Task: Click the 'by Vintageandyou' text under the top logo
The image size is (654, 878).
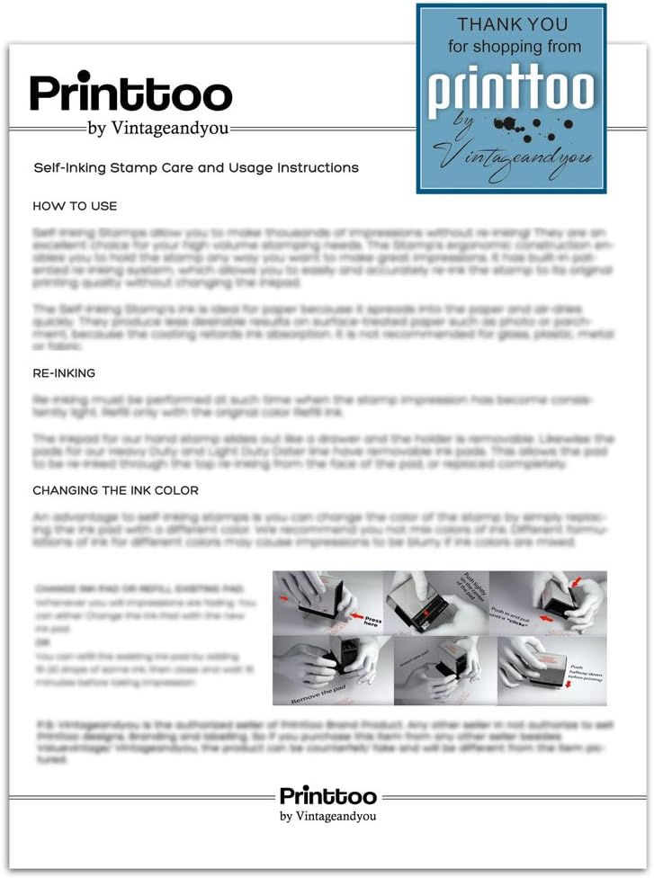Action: point(158,129)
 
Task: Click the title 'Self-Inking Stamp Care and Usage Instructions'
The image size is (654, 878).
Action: point(196,168)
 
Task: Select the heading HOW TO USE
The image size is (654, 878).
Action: point(75,206)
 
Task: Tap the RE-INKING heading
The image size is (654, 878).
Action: point(64,372)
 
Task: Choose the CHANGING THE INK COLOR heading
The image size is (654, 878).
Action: point(115,490)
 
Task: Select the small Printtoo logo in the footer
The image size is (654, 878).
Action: point(327,796)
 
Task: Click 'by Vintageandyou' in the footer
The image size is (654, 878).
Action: point(327,816)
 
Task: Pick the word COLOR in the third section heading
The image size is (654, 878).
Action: point(176,490)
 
